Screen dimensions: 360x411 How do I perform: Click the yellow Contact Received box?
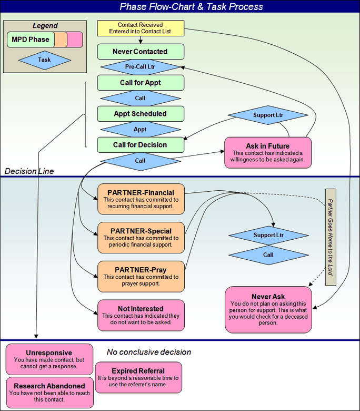point(141,28)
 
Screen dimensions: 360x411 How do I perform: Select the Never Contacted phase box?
point(141,52)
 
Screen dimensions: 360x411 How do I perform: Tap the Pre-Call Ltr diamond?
point(141,67)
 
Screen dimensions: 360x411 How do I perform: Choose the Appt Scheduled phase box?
point(141,114)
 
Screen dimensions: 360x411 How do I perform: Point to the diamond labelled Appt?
point(141,130)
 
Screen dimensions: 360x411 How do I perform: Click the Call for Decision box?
point(141,145)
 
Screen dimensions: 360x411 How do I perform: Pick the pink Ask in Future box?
point(268,153)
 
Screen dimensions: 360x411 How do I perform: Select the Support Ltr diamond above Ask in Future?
point(268,115)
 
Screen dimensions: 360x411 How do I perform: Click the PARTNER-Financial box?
point(141,199)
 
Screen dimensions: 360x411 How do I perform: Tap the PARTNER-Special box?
point(141,238)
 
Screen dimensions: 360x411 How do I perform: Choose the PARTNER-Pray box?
point(141,277)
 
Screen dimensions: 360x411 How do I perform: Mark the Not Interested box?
point(141,315)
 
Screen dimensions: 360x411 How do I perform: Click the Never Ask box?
point(268,310)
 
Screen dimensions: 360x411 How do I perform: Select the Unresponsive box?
point(49,359)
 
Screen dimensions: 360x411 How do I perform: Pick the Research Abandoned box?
point(49,393)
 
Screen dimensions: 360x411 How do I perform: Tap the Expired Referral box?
point(138,377)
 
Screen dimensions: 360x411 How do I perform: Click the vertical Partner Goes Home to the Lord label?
point(331,237)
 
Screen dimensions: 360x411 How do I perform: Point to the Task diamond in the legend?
point(45,60)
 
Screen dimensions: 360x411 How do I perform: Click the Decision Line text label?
point(29,171)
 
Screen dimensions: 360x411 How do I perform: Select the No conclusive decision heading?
point(149,352)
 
